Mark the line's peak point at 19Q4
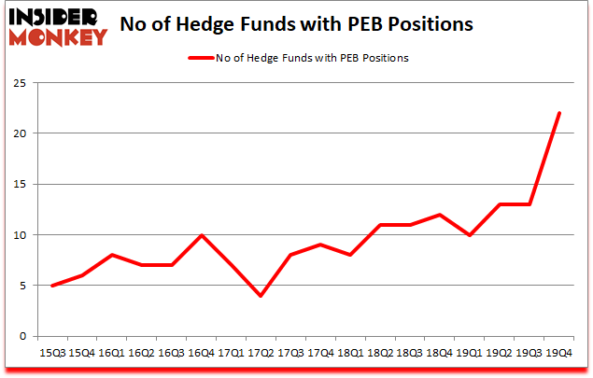[558, 113]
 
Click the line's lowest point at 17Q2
[260, 296]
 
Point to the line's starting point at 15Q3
[51, 286]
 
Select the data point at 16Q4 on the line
[202, 235]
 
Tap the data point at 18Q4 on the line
[440, 215]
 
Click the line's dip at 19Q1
[470, 235]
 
